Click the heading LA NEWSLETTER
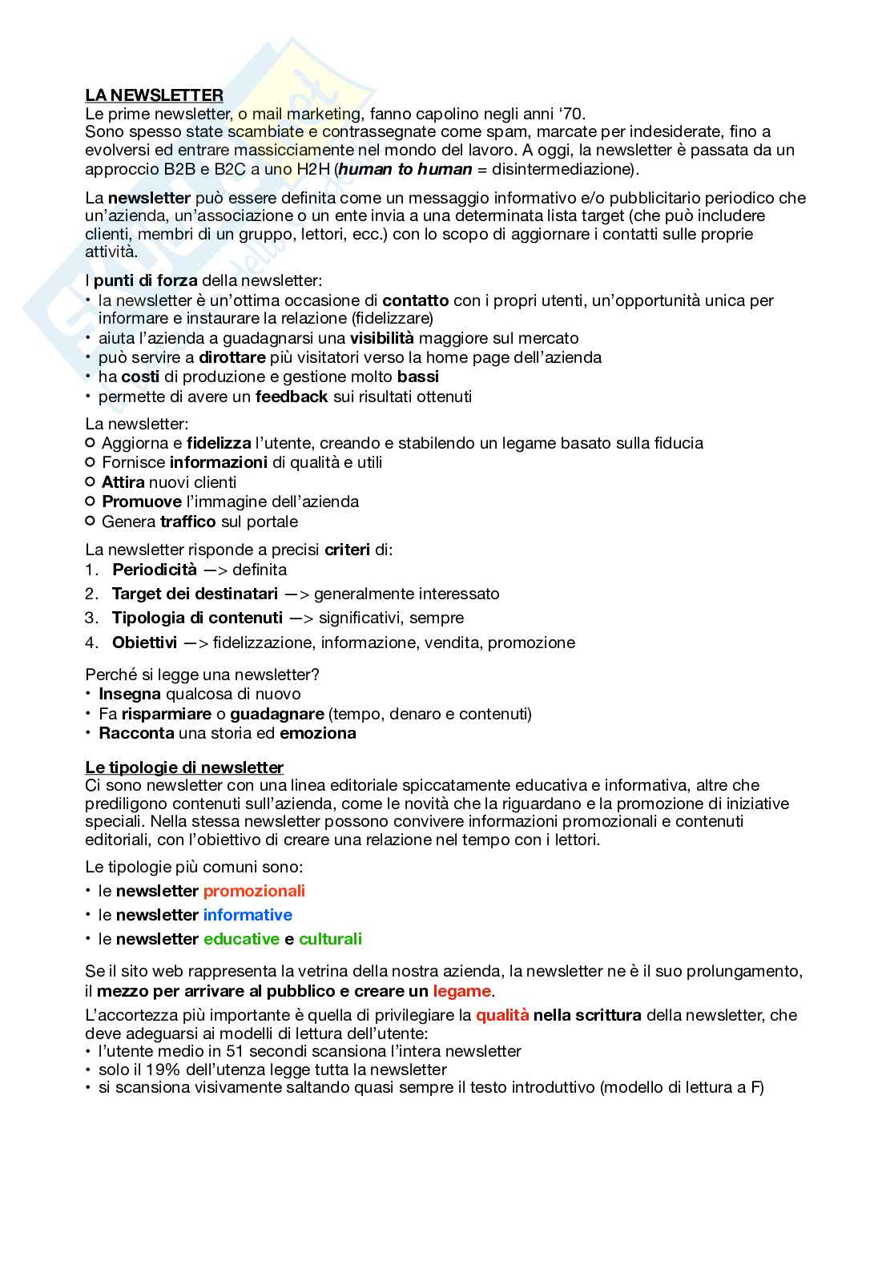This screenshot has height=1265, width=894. pyautogui.click(x=154, y=96)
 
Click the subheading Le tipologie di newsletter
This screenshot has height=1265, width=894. pyautogui.click(x=184, y=767)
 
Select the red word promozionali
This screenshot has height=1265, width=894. pyautogui.click(x=254, y=891)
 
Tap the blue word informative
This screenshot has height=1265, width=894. pyautogui.click(x=248, y=915)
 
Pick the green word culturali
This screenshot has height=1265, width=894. pyautogui.click(x=330, y=939)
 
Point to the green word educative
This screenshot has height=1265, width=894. pyautogui.click(x=241, y=939)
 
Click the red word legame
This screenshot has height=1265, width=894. pyautogui.click(x=461, y=991)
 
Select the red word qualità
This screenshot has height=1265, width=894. pyautogui.click(x=502, y=1015)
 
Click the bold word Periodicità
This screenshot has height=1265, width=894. pyautogui.click(x=154, y=570)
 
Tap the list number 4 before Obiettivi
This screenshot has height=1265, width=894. pyautogui.click(x=91, y=643)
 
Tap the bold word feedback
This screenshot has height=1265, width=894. pyautogui.click(x=292, y=397)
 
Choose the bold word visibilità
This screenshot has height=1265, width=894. pyautogui.click(x=381, y=339)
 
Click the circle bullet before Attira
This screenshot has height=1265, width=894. pyautogui.click(x=90, y=482)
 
